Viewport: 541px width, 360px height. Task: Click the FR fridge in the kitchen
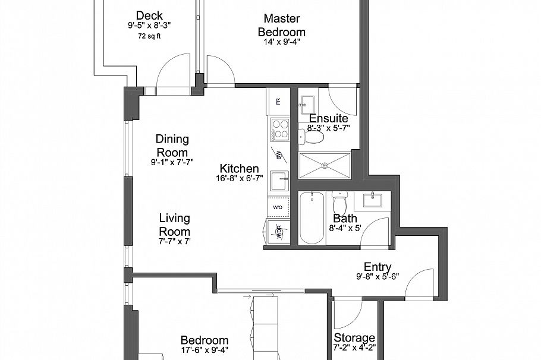(278, 102)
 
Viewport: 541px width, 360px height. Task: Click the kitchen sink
(279, 179)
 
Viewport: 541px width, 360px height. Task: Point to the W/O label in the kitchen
(278, 207)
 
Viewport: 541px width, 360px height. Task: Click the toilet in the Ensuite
(313, 138)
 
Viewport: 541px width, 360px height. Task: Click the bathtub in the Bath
(311, 218)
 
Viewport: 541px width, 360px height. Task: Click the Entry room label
(378, 267)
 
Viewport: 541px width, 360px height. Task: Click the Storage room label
(354, 338)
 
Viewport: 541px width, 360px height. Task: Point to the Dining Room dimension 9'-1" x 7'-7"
(172, 162)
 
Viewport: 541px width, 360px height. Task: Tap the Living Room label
(174, 225)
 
